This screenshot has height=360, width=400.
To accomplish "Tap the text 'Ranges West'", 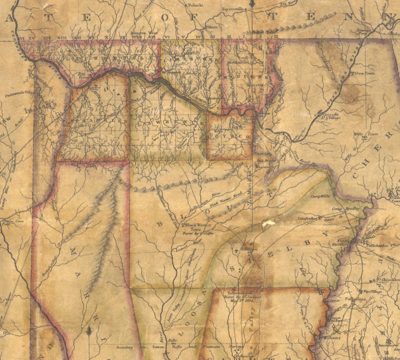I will tap(143, 34).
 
